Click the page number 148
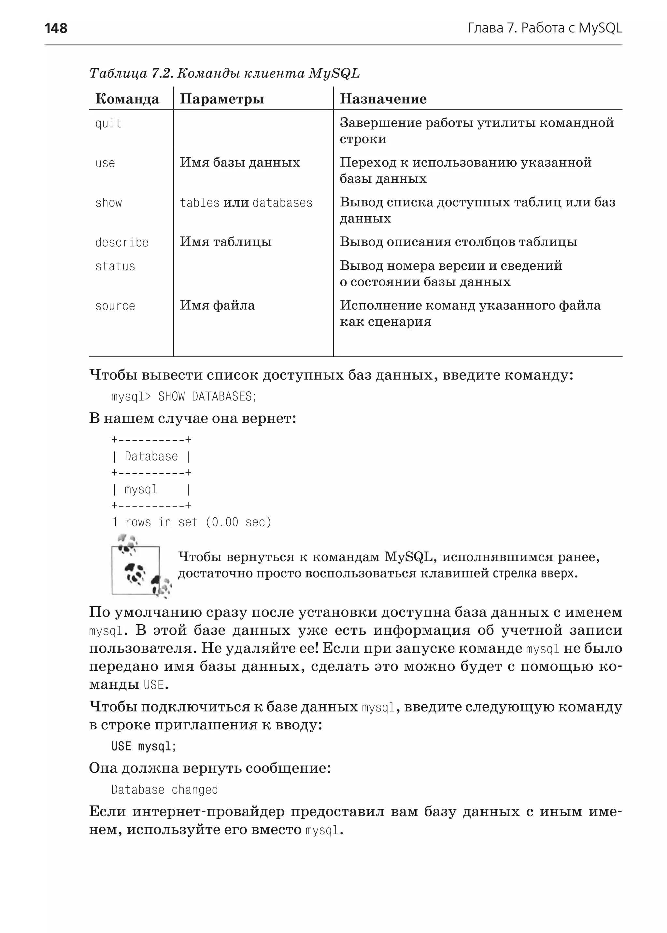coord(56,28)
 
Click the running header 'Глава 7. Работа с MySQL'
coord(545,28)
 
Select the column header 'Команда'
coord(127,99)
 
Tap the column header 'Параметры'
coord(222,99)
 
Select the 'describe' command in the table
coord(121,242)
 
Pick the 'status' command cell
coord(115,267)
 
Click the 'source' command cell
coord(115,306)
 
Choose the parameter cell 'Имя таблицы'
coord(225,242)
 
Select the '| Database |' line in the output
coord(151,456)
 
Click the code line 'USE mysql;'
coord(143,746)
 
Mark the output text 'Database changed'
coord(164,790)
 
